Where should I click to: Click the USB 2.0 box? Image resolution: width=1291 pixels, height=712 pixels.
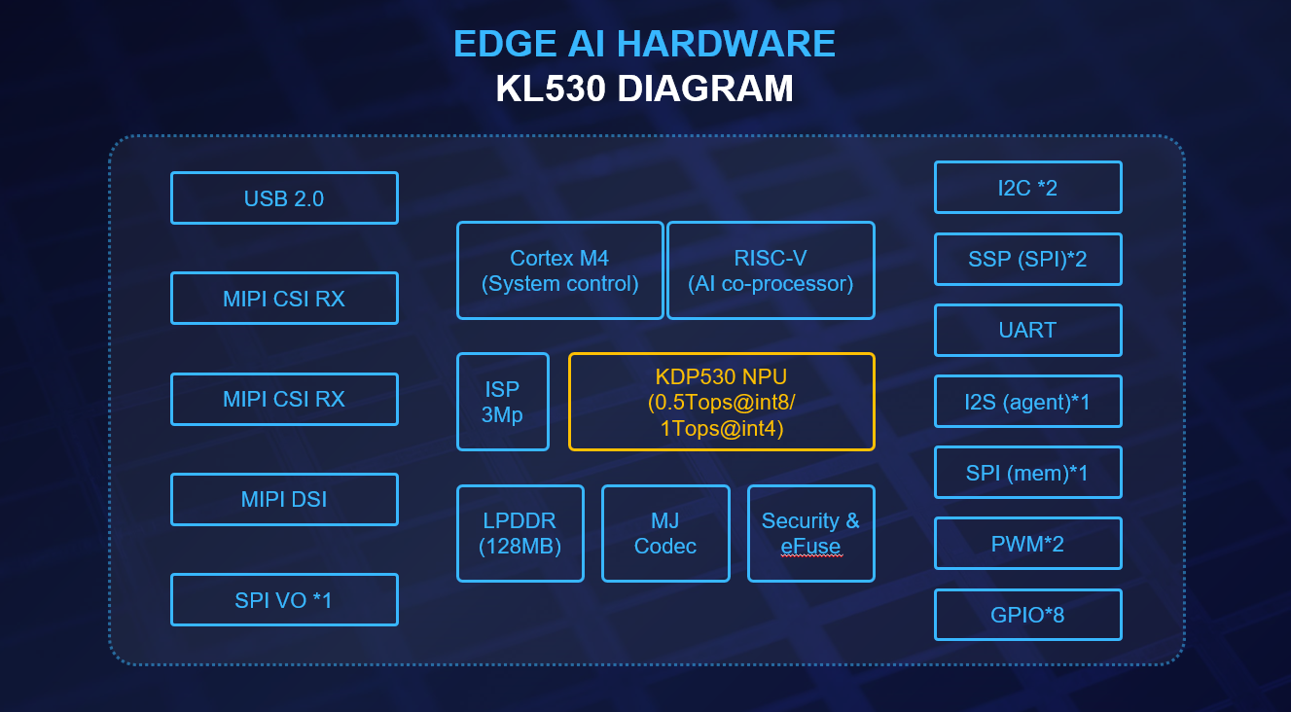[284, 197]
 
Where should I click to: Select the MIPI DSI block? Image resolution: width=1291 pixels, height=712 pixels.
[284, 499]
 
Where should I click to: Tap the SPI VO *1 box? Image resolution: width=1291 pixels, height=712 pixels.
[284, 600]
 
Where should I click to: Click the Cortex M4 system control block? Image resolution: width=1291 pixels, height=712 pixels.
[560, 270]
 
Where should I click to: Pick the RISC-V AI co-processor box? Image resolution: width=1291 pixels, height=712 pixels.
[771, 270]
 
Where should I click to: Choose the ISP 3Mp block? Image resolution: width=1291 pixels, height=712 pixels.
[503, 402]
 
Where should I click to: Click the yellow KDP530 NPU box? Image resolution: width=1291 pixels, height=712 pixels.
[722, 402]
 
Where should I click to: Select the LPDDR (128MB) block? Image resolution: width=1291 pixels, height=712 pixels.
[520, 533]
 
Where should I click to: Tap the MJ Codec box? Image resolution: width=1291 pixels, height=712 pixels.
[665, 533]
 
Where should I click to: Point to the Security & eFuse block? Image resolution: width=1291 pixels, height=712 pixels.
[811, 533]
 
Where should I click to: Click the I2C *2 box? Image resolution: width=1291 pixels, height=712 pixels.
[1027, 187]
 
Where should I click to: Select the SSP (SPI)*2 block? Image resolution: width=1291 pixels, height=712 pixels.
[1027, 259]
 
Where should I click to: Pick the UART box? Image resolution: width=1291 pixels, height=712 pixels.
[1027, 330]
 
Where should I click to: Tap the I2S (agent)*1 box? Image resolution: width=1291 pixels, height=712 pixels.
[1027, 402]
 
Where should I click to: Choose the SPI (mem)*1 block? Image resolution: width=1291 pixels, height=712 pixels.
[1027, 473]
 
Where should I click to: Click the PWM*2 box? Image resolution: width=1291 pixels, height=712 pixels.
[1027, 543]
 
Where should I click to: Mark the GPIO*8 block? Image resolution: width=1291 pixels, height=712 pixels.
[1027, 615]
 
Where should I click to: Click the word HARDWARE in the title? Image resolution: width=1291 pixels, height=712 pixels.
[726, 44]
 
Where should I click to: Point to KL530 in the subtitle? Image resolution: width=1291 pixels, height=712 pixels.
[551, 89]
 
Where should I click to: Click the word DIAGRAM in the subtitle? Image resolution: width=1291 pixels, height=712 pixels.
[705, 89]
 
